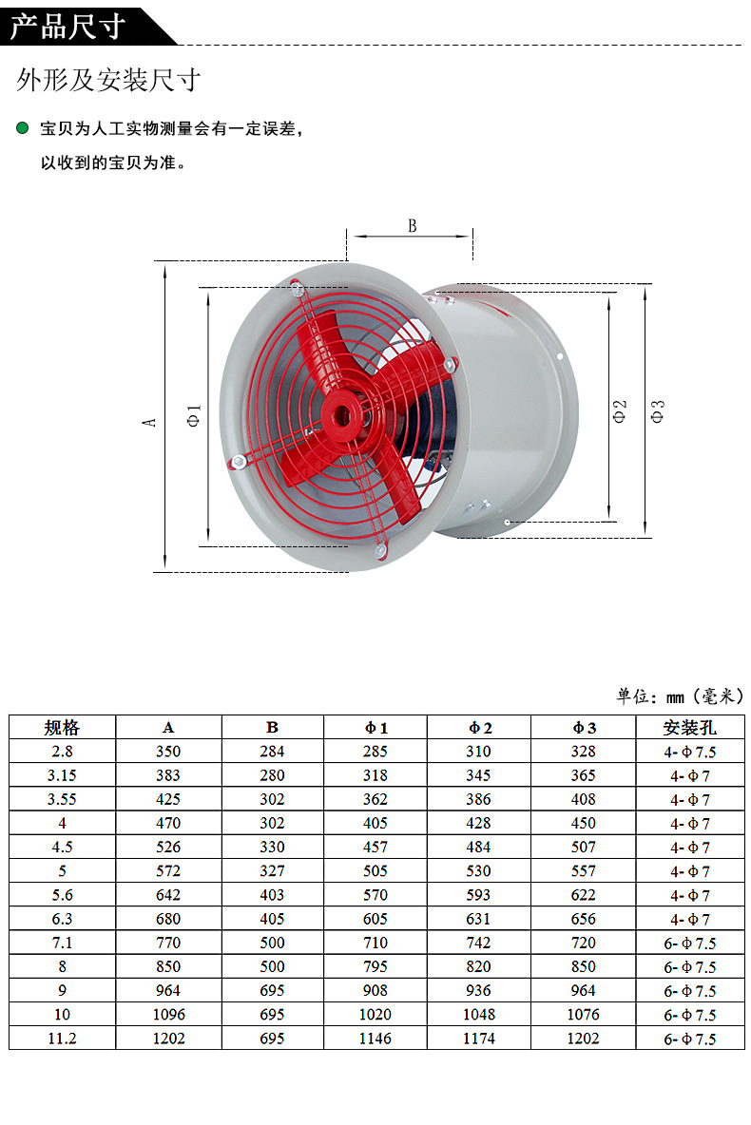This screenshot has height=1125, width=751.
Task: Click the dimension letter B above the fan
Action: tap(413, 225)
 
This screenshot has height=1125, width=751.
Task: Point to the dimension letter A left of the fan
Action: tap(148, 419)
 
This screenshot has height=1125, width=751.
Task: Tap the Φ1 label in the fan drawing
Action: tap(194, 415)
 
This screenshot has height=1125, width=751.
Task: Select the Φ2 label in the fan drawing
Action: tap(620, 410)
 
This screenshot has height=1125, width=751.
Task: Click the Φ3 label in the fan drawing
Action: tap(657, 410)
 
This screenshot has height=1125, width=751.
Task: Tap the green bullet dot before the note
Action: tap(23, 128)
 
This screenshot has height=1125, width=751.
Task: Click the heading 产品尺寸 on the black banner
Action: tap(68, 26)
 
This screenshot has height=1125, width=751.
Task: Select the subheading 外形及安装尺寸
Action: tap(107, 80)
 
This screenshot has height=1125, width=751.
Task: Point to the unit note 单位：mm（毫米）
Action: tap(680, 696)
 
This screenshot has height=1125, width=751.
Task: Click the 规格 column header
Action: tap(63, 728)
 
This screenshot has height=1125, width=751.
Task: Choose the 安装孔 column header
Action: tap(689, 728)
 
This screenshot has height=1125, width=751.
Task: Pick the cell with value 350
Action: tap(168, 752)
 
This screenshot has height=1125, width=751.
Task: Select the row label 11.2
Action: tap(63, 1039)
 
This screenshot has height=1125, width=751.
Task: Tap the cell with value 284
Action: tap(272, 752)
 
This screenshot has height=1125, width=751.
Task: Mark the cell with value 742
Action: tap(479, 943)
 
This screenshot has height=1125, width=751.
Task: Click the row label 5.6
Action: tap(63, 895)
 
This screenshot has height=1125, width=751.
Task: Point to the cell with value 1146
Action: tap(375, 1039)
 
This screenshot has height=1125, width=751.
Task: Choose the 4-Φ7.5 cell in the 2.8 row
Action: tap(689, 752)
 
